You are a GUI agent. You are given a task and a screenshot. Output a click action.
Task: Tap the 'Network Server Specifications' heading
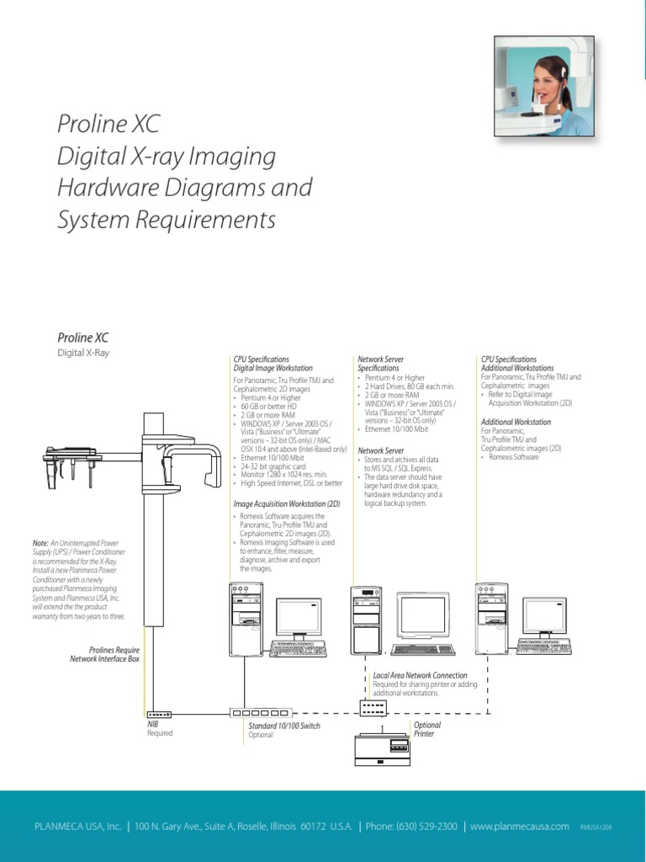coord(380,364)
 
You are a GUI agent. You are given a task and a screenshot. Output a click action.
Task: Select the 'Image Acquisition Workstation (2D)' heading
coord(286,503)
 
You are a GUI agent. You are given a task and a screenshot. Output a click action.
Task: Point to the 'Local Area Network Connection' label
coord(420,675)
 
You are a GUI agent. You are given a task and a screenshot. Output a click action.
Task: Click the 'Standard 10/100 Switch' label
coord(283,726)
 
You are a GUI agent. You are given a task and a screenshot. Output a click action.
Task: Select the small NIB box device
coord(157,714)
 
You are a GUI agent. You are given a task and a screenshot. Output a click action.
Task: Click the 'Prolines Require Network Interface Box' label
coord(104,654)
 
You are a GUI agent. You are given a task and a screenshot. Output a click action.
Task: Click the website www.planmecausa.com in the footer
coord(520,827)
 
